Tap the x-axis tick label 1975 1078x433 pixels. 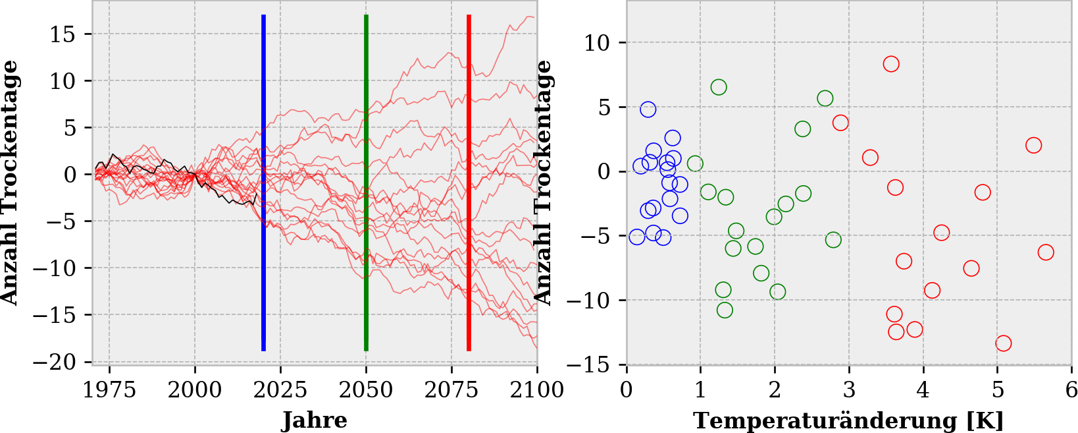pos(109,390)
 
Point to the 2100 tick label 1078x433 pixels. pos(537,390)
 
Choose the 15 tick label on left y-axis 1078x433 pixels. pos(63,34)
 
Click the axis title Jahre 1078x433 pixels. pos(315,420)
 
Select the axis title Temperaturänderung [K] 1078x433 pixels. pos(848,420)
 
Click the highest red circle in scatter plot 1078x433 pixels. pos(891,64)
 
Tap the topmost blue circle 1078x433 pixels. pos(648,109)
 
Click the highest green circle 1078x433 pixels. pos(719,87)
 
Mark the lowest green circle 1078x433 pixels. pos(725,310)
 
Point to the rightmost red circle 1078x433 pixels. pos(1046,252)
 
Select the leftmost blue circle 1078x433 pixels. pos(636,237)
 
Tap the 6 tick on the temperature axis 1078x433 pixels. pos(1071,390)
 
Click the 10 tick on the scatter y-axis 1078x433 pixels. pos(597,43)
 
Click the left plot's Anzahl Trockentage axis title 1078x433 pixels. pos(9,183)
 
